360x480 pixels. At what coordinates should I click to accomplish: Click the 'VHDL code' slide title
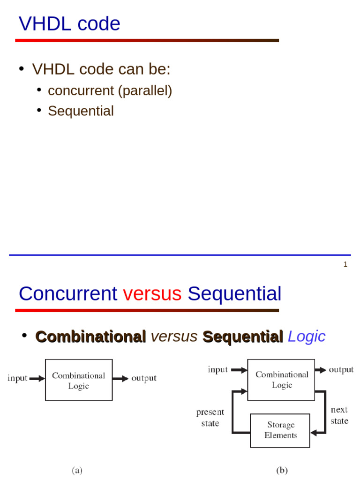69,24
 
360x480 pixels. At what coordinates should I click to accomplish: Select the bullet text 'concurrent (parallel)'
110,90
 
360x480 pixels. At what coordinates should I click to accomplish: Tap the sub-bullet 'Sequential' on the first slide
81,111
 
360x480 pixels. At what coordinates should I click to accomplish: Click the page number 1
345,264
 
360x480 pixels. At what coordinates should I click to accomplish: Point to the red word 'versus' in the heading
152,294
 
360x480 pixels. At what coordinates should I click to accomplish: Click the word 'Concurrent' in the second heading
68,294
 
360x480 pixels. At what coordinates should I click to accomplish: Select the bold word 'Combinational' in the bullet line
91,337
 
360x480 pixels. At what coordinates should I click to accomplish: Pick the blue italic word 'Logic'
306,337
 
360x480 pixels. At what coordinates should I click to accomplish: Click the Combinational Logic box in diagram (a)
79,380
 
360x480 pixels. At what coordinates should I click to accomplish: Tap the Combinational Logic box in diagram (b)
282,380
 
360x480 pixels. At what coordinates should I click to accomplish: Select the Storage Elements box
280,430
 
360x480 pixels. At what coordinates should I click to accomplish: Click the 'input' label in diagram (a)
17,379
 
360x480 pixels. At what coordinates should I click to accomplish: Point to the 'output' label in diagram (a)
144,379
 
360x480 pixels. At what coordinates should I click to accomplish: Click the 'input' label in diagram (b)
217,370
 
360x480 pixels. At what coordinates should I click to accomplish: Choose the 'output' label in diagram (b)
341,370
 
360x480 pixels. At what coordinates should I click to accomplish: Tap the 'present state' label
210,417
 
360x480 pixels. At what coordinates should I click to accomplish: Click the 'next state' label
339,415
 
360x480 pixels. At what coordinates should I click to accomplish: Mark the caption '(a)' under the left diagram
77,470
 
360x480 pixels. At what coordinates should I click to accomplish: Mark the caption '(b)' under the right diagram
282,470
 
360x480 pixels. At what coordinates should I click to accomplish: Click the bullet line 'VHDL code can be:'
101,69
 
